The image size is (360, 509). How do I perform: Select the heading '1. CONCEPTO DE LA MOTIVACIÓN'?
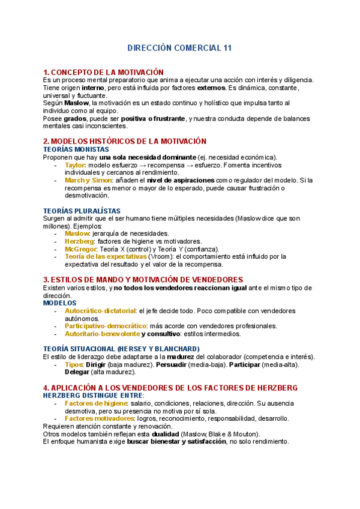coord(103,72)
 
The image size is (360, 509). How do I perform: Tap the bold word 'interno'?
coord(93,88)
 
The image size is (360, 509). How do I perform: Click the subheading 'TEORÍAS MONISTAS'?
coord(76,149)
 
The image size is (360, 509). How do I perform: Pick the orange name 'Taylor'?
coord(75,165)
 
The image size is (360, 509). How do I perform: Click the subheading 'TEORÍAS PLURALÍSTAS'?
coord(82,211)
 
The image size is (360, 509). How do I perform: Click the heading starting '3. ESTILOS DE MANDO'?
coord(143,280)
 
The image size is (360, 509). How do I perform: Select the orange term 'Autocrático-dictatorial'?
coord(100,311)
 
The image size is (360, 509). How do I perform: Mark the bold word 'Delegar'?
coord(77,373)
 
